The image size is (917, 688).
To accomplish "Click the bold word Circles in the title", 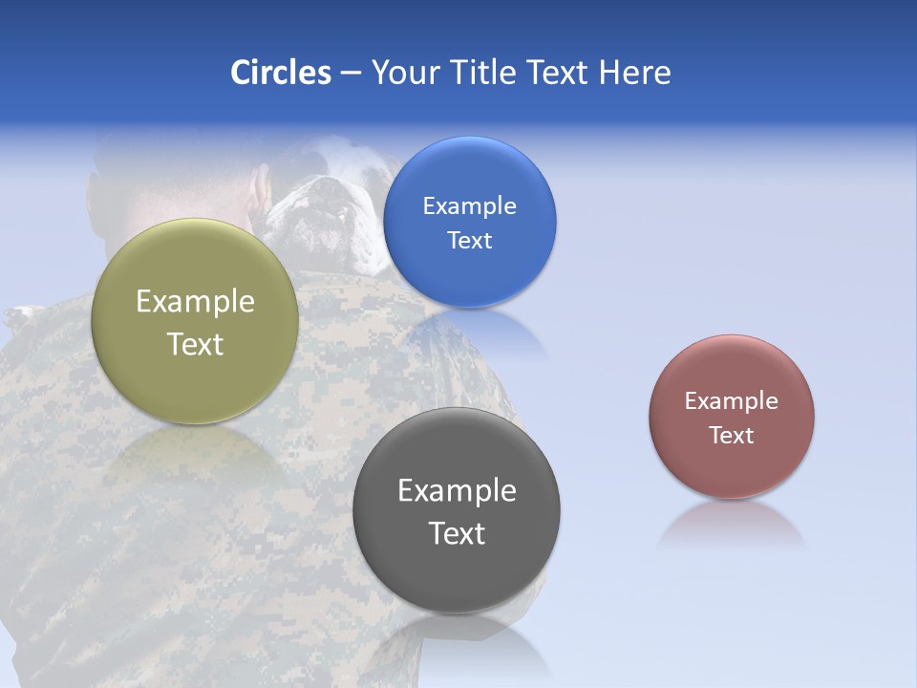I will pyautogui.click(x=280, y=73).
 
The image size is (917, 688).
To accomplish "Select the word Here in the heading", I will pyautogui.click(x=634, y=73).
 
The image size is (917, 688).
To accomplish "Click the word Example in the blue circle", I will pyautogui.click(x=469, y=206).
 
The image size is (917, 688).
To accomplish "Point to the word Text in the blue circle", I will pyautogui.click(x=469, y=240).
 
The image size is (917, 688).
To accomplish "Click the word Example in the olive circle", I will pyautogui.click(x=195, y=302).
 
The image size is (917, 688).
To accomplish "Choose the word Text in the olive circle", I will pyautogui.click(x=195, y=344).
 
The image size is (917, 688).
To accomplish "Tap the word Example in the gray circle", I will pyautogui.click(x=457, y=491).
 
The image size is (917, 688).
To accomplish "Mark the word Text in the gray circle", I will pyautogui.click(x=457, y=533).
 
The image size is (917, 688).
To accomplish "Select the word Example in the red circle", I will pyautogui.click(x=732, y=401).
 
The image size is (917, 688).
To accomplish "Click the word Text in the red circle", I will pyautogui.click(x=732, y=436).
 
